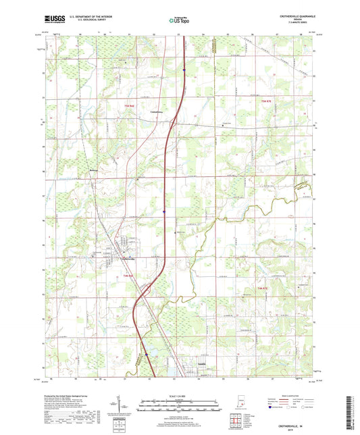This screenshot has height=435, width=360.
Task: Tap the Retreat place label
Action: click(94, 170)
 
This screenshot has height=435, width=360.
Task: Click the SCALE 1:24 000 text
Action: click(179, 396)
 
